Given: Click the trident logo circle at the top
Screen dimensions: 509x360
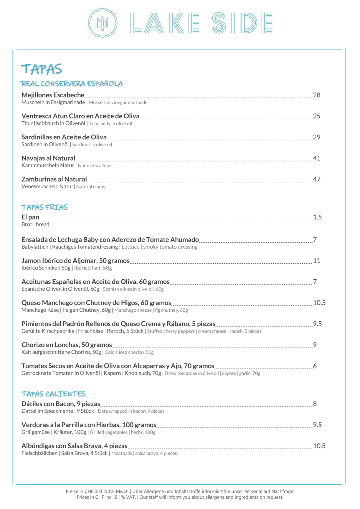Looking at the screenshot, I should tap(103, 23).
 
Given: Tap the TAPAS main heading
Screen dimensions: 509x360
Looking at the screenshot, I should tap(42, 69).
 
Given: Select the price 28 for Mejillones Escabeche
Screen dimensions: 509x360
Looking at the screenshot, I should tap(317, 95).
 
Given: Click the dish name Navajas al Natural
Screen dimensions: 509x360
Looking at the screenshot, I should tap(48, 158).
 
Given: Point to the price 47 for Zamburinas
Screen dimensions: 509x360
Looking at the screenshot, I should tap(317, 179).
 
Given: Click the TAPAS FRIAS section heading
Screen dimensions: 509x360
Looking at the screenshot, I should tap(44, 207).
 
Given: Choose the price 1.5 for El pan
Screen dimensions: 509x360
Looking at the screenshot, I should tap(317, 217).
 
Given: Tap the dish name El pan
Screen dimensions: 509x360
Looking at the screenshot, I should tap(30, 217).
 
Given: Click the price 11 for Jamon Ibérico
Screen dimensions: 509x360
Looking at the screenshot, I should tap(317, 261).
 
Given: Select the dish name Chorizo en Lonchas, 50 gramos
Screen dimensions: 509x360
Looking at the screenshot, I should tap(67, 345).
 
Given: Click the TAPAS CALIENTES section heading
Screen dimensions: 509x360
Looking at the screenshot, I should tap(53, 394).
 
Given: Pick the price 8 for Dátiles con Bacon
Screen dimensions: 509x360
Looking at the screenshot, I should tap(315, 404).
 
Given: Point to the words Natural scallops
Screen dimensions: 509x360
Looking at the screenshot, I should tap(95, 166).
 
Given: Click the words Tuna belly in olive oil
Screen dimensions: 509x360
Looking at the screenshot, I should tap(110, 123).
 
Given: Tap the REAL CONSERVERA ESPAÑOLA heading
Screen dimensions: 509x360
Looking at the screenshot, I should tap(72, 84).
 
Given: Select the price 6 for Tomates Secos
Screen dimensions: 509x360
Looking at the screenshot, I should tap(315, 366).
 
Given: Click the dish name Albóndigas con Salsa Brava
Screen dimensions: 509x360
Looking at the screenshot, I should tap(75, 446).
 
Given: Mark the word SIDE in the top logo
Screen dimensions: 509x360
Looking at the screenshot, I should tap(242, 23).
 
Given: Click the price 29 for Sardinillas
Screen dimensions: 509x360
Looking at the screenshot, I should tap(317, 137).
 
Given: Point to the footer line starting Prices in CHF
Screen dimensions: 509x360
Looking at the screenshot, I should tap(180, 497).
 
